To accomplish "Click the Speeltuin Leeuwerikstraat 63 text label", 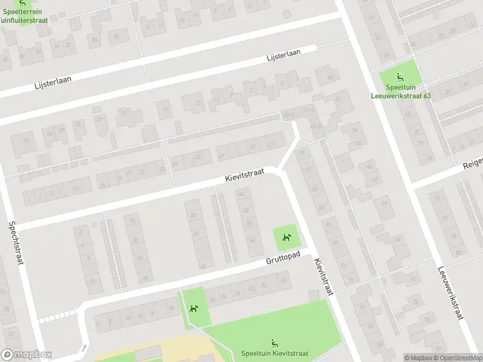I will [x=400, y=91].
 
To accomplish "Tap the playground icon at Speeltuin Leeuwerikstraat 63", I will [x=400, y=77].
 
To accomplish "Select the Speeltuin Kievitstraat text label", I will [x=275, y=354].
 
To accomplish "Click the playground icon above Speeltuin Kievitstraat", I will [x=275, y=343].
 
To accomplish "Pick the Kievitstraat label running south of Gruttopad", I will [x=324, y=278].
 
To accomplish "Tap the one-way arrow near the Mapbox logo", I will [x=84, y=348].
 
